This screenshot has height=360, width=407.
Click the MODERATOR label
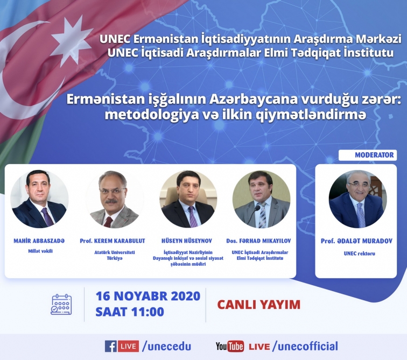point(374,155)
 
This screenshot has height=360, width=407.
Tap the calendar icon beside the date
point(61,304)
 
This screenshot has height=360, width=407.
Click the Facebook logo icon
point(110,346)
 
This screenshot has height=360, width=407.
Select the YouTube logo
point(230,346)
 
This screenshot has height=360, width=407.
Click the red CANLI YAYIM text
point(258,305)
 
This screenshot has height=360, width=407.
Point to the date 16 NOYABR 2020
point(148,296)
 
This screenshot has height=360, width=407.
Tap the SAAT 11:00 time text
point(130,312)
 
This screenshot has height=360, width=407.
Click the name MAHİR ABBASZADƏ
point(39,241)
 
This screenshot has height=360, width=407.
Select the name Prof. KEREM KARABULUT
point(113,241)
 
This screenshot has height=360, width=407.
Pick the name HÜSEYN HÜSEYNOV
point(187,241)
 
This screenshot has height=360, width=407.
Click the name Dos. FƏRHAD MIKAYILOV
point(258,241)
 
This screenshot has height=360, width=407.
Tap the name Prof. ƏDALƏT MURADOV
point(356,241)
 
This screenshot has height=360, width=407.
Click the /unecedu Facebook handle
point(166,346)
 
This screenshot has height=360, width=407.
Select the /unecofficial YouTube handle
point(305,346)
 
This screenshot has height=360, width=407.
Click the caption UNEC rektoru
point(359,253)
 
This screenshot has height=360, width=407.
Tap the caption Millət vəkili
point(40,251)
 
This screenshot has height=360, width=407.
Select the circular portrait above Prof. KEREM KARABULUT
point(114,199)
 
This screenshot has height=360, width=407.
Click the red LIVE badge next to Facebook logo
point(128,346)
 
